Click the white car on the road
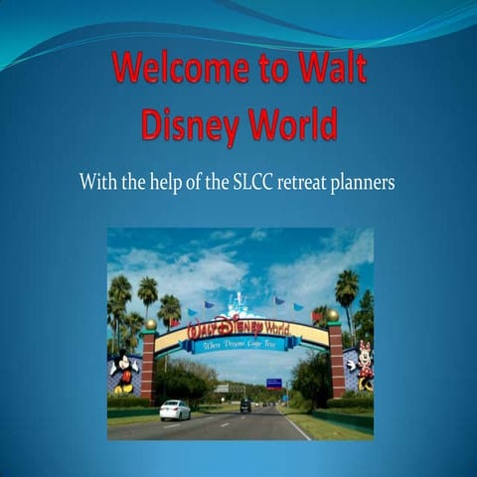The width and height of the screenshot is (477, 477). coord(175,409)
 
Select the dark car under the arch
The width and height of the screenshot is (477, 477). coord(245,404)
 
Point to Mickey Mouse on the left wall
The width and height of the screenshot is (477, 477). coord(125,370)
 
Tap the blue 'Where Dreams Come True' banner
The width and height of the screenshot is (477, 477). coord(238,345)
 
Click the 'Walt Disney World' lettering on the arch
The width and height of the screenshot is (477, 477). coord(238,326)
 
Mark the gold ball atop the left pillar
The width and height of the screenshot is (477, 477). coord(151,324)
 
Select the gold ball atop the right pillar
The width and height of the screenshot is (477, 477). coord(332,315)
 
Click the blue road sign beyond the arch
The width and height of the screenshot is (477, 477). coord(273,383)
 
